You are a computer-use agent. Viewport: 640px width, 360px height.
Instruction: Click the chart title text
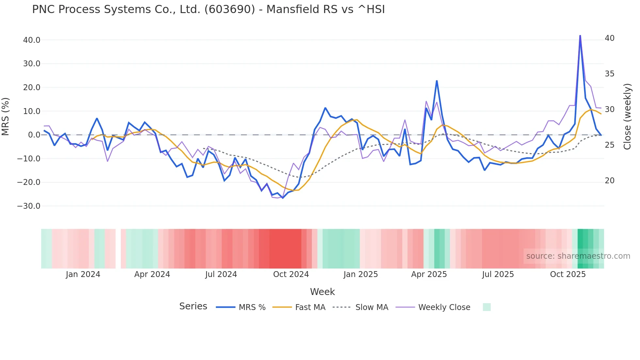click(x=208, y=9)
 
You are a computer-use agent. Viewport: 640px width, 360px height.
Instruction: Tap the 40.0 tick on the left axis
click(x=32, y=40)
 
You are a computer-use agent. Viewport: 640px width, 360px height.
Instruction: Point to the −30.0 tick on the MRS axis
click(x=29, y=206)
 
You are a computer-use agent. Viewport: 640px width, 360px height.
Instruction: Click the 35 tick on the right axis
click(x=609, y=74)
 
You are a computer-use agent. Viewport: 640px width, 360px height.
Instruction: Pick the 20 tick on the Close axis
click(x=609, y=181)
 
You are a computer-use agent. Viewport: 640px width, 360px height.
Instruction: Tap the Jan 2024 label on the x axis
click(x=83, y=274)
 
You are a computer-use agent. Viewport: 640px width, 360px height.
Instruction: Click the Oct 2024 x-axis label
click(x=291, y=274)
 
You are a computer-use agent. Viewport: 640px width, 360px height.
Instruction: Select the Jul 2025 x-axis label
click(x=498, y=274)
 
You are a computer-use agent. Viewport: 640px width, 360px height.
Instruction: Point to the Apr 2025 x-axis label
click(x=429, y=274)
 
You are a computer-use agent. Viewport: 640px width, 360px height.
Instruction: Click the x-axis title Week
click(x=322, y=292)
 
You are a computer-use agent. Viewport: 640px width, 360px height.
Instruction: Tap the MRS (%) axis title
click(x=6, y=117)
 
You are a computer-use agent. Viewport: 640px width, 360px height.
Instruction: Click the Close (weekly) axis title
click(x=627, y=117)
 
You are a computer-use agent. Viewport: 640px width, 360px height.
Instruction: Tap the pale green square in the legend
click(x=487, y=307)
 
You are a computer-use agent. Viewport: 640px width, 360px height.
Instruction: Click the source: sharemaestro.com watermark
click(x=578, y=256)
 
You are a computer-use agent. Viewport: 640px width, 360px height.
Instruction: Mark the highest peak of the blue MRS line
click(x=580, y=36)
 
